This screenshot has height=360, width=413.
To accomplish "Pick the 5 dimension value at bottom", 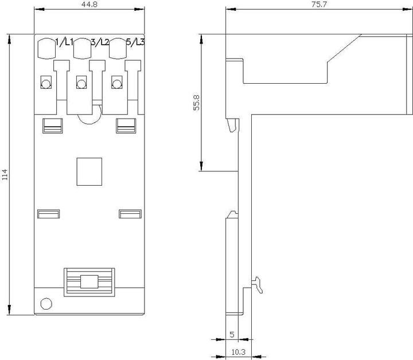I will (232, 334).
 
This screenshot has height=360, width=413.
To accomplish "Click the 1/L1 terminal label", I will (64, 42).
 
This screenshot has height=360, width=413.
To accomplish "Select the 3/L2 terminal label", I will (100, 42).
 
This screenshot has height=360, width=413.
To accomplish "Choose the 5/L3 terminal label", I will (135, 42).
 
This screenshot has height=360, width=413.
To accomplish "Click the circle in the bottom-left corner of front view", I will (46, 303).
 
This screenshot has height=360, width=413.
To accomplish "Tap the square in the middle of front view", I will (89, 171).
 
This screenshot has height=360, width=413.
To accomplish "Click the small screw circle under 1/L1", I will (45, 85).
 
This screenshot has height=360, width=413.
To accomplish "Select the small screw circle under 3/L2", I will (81, 85).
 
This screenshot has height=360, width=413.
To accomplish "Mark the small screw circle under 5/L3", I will (116, 85).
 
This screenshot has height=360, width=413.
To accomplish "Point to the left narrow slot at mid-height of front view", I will (48, 214).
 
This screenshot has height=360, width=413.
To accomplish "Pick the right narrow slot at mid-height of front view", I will (130, 214).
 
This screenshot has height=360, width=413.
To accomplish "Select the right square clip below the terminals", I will (125, 125).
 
